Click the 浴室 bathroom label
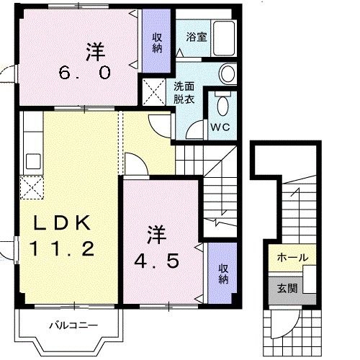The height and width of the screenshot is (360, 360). (196, 36)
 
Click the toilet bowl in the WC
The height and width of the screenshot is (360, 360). (223, 107)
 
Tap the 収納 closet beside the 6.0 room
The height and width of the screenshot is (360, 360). (156, 42)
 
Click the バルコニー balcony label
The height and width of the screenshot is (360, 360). (73, 325)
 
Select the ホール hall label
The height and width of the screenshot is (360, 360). (292, 257)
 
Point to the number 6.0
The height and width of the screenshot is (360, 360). (85, 73)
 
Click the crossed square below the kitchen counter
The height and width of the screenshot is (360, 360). (32, 187)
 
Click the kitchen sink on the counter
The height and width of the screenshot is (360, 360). (32, 160)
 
